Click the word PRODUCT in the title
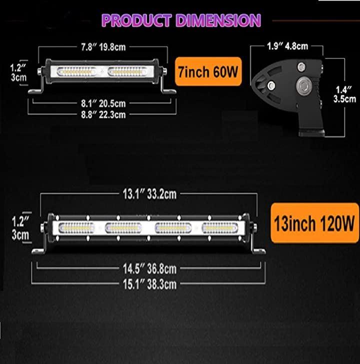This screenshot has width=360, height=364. click(136, 20)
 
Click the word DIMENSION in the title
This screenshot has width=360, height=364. click(218, 20)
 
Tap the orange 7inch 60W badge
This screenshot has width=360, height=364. click(208, 71)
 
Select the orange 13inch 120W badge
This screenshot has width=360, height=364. click(314, 223)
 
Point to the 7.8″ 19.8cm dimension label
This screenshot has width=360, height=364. click(103, 47)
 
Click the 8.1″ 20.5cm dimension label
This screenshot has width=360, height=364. click(103, 103)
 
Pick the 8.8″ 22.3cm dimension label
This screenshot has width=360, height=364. click(103, 115)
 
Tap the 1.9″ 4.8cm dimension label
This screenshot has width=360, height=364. click(287, 46)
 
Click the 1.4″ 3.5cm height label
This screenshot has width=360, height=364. click(344, 94)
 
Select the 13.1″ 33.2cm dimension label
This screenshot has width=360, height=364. click(149, 194)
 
